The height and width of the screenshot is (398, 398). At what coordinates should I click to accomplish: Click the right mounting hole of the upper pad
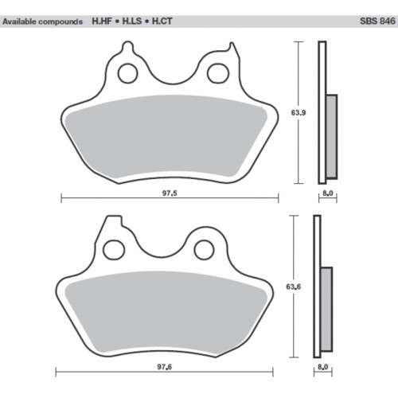point(215,73)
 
